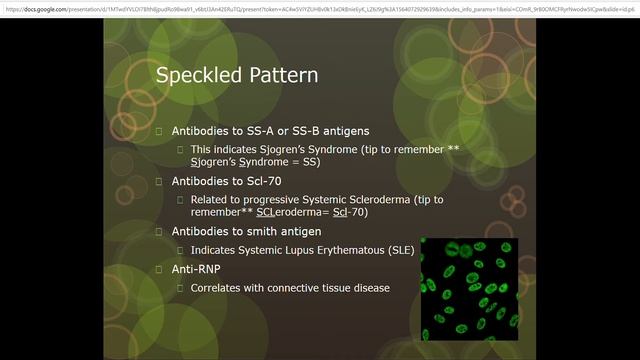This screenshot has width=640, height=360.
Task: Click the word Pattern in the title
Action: coord(283,76)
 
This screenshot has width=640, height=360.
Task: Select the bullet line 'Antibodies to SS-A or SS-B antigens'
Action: coord(270,131)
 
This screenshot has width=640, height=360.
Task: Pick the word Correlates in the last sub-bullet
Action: coord(218,288)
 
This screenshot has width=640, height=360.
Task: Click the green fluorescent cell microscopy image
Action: coord(469,288)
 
